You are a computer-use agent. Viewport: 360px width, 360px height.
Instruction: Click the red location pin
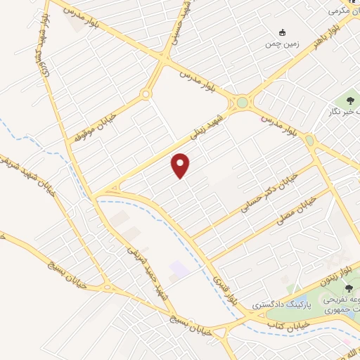click(181, 165)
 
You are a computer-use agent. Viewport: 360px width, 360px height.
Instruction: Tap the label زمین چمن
click(282, 44)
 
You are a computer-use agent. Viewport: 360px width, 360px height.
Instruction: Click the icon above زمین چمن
click(283, 32)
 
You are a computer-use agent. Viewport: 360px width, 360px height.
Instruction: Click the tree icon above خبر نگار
click(351, 101)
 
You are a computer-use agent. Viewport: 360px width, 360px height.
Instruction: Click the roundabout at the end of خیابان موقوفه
click(146, 94)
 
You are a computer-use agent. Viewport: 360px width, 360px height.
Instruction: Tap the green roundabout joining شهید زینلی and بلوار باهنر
click(243, 103)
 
